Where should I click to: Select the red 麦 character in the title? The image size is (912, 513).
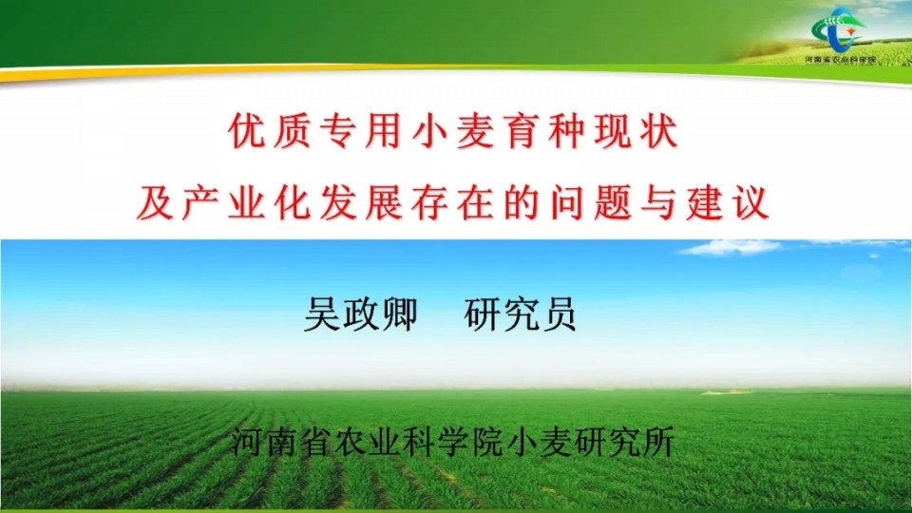(x=475, y=131)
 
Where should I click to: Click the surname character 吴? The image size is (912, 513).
(x=322, y=314)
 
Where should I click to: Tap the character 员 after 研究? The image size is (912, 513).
(x=559, y=314)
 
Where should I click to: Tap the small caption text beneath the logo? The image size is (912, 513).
(x=840, y=59)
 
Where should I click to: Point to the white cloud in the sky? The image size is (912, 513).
(x=731, y=248)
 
